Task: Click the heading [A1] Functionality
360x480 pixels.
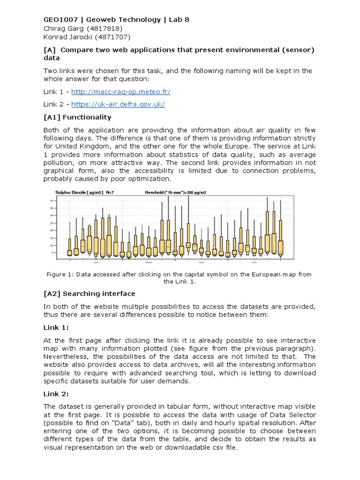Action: (x=77, y=117)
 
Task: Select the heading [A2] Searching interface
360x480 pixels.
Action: (x=89, y=293)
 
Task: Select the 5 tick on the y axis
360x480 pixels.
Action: (x=52, y=253)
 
